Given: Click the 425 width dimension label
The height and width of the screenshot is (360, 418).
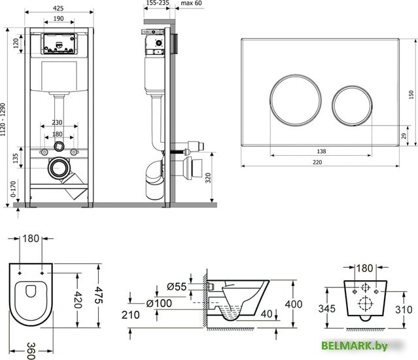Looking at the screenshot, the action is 58,9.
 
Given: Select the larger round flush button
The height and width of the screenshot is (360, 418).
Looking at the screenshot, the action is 296,100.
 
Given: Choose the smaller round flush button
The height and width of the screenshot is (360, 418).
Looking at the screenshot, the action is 352,105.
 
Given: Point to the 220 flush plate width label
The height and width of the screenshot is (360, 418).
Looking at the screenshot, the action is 317,162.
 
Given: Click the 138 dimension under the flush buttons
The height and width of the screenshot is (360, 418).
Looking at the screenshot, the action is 321,151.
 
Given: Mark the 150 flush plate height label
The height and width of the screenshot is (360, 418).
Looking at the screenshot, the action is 411,94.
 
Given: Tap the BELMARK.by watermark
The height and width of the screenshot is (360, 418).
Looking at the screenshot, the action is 355,346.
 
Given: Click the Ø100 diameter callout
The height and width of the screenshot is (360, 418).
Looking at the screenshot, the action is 159,303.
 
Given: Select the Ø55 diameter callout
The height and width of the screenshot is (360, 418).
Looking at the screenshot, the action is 177,287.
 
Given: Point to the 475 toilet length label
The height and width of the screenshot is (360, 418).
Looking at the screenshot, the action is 98,295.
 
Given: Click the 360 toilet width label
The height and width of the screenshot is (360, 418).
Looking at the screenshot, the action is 31,351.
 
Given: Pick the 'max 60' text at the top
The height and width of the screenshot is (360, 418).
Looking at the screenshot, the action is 192,3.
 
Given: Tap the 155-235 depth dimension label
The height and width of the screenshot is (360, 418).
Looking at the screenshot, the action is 158,3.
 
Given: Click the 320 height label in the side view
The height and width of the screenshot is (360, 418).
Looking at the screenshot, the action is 208,178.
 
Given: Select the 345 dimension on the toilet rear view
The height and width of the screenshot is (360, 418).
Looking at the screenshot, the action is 327,308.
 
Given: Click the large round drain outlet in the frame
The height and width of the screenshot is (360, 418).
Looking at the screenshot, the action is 59,168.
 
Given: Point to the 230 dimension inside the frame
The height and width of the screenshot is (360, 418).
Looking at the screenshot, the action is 57,122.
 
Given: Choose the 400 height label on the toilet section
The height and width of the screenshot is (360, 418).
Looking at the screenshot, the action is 294,304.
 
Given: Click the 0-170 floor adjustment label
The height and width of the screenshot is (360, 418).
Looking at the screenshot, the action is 13,189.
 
